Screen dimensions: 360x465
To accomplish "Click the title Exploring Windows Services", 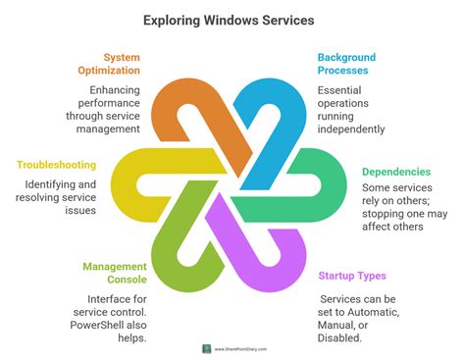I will click(232, 19).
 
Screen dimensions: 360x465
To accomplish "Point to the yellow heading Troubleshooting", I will click(62, 165).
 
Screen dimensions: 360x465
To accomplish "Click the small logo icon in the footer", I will click(207, 347).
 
